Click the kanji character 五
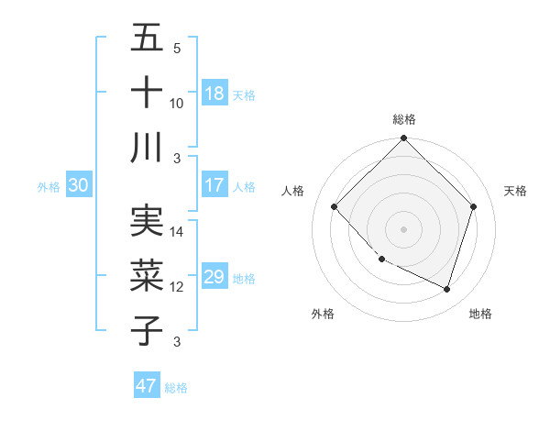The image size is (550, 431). [x=147, y=39]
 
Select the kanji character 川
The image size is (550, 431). [x=147, y=148]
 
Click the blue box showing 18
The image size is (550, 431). [x=214, y=94]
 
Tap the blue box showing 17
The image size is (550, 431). [x=214, y=185]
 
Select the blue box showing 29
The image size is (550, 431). [x=214, y=277]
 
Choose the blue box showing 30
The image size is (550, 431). [x=79, y=185]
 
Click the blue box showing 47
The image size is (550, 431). [x=147, y=386]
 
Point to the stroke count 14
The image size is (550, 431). [x=177, y=232]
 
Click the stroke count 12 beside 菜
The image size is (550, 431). [x=177, y=287]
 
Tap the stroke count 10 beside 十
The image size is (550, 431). [x=177, y=104]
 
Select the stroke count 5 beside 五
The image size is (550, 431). [x=177, y=49]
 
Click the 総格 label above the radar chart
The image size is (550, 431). [x=403, y=119]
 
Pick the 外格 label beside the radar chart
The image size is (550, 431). [x=323, y=314]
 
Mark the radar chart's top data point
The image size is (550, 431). [x=403, y=139]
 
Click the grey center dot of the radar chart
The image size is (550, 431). [x=403, y=228]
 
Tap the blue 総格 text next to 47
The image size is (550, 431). [x=176, y=388]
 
